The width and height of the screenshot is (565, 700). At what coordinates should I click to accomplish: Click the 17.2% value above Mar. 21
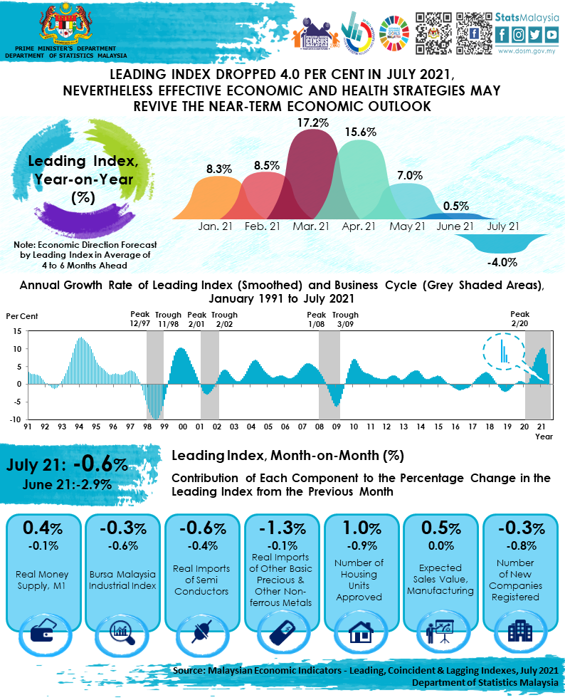click(312, 123)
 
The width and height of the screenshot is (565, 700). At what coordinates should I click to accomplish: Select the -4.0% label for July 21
click(502, 262)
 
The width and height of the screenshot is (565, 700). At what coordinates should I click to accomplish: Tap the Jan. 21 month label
click(215, 226)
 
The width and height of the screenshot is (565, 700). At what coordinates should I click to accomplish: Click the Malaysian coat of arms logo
click(65, 25)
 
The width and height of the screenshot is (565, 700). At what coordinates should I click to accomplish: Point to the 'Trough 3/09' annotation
click(346, 319)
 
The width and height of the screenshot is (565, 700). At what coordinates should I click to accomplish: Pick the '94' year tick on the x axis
click(80, 427)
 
